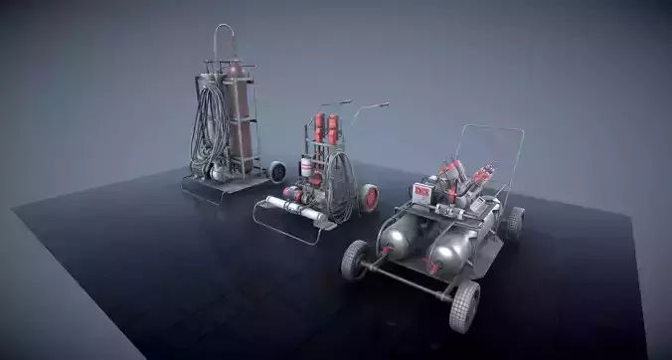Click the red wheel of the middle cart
tap(369, 197)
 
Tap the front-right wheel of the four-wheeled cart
tap(464, 306)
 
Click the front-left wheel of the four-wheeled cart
tap(354, 260)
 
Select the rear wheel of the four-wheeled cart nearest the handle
tap(512, 223)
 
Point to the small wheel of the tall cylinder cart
tap(277, 172)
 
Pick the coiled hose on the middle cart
tap(341, 189)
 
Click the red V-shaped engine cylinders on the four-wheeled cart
tap(466, 178)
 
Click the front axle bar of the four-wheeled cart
tap(409, 281)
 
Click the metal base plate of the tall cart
tap(218, 186)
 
